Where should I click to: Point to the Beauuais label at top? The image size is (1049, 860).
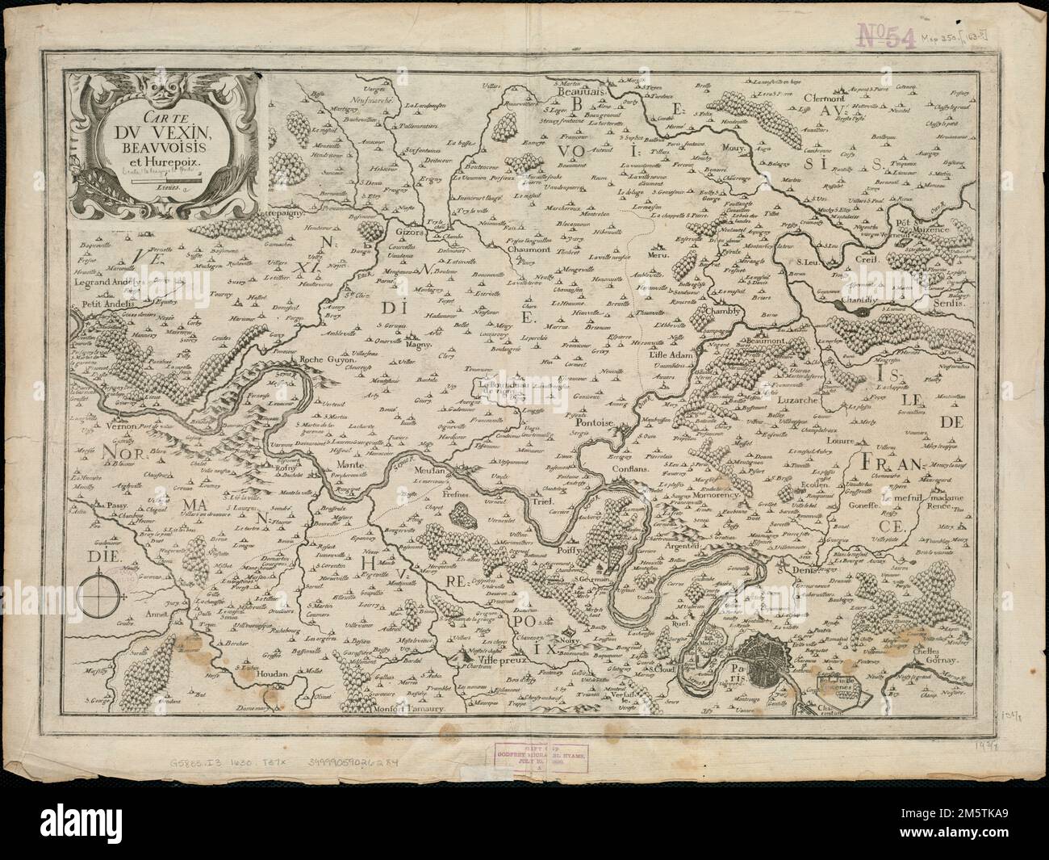click(570, 94)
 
